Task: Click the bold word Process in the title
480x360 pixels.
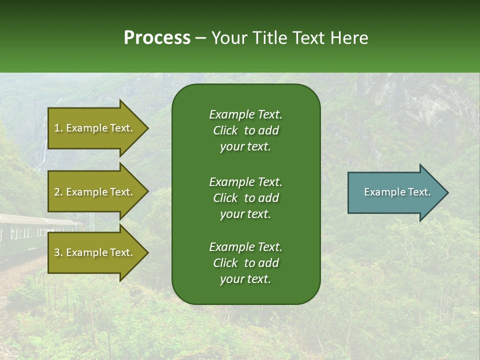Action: (x=157, y=38)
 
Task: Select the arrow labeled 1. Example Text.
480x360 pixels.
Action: (x=95, y=128)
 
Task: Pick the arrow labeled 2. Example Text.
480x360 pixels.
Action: (x=95, y=192)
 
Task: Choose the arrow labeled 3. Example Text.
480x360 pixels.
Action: (x=95, y=252)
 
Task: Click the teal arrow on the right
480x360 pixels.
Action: (x=395, y=192)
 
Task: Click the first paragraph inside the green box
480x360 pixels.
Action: (x=245, y=130)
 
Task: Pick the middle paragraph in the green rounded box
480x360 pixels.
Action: (x=245, y=198)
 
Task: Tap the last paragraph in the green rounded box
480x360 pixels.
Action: (x=245, y=263)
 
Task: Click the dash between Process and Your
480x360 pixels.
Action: (x=201, y=38)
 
